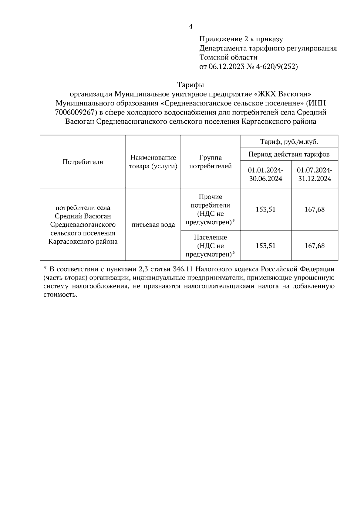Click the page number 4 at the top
(x=190, y=27)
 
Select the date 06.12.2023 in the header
(x=226, y=67)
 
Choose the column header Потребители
(x=83, y=162)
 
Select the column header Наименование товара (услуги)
(x=153, y=162)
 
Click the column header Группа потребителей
(x=210, y=162)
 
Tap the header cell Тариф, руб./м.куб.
(x=289, y=142)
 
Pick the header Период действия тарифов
(x=289, y=154)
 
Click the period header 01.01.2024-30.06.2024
(x=266, y=174)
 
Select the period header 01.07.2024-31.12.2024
(x=315, y=174)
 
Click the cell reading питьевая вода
(x=153, y=225)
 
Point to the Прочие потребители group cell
(x=210, y=210)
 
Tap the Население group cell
(x=210, y=246)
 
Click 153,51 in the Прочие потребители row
(x=266, y=210)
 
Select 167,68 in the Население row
(x=315, y=246)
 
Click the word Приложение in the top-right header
(x=219, y=39)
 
